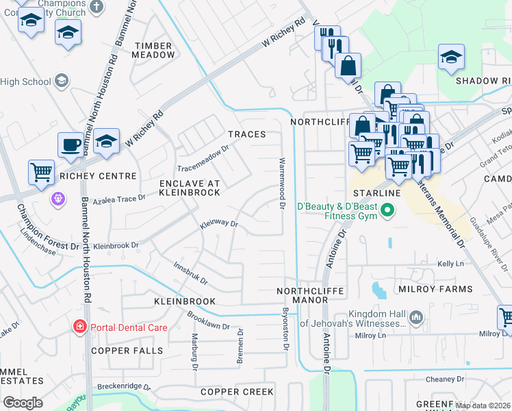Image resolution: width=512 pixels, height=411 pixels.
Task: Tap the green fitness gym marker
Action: (388, 210)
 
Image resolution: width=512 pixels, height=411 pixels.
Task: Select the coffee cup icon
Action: (70, 145)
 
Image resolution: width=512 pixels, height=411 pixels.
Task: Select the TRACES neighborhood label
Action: (246, 134)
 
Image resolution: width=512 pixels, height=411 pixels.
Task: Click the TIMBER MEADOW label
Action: (154, 50)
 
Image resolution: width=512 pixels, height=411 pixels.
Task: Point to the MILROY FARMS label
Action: (436, 290)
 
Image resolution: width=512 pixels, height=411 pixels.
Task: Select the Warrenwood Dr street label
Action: (281, 182)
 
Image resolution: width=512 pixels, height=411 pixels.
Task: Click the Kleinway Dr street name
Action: (218, 223)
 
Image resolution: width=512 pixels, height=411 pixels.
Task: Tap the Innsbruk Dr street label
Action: (190, 273)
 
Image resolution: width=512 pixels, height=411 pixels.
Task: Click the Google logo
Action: (23, 403)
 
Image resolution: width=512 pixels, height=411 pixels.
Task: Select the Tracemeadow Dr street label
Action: (203, 159)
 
